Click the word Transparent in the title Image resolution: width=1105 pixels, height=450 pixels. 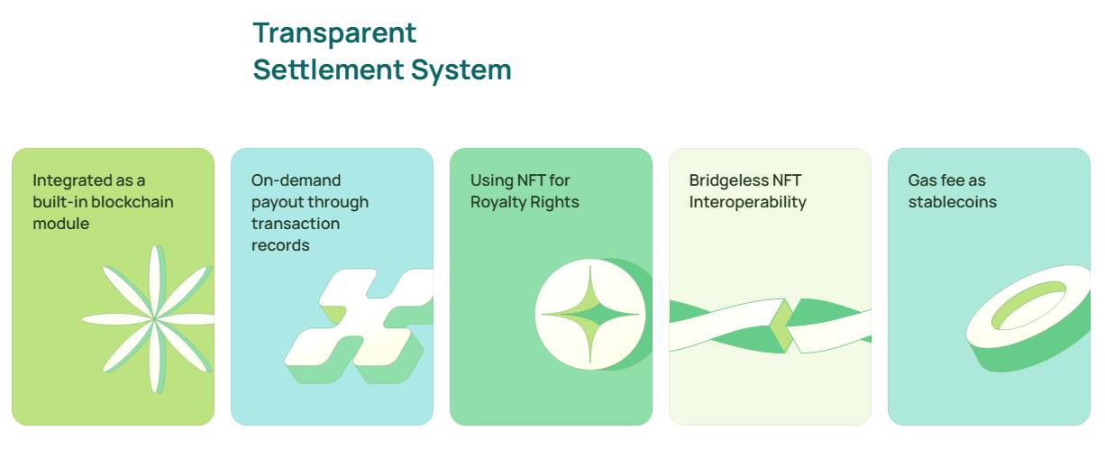pyautogui.click(x=334, y=33)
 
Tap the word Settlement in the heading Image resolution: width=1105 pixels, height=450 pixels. pyautogui.click(x=328, y=69)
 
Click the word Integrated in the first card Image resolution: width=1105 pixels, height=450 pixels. pyautogui.click(x=72, y=181)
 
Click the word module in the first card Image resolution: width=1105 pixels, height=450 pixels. pyautogui.click(x=61, y=224)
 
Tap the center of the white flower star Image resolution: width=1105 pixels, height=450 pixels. pyautogui.click(x=154, y=318)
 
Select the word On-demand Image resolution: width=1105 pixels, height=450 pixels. pyautogui.click(x=296, y=180)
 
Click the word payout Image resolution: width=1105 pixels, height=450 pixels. pyautogui.click(x=279, y=203)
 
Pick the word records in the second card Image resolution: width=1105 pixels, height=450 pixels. pyautogui.click(x=280, y=245)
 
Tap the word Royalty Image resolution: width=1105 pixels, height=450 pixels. pyautogui.click(x=498, y=203)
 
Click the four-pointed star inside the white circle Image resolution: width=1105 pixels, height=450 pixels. pyautogui.click(x=590, y=314)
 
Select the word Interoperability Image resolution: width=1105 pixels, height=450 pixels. pyautogui.click(x=748, y=203)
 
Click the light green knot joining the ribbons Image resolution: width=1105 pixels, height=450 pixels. pyautogui.click(x=781, y=326)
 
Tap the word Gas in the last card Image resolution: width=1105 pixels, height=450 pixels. pyautogui.click(x=922, y=180)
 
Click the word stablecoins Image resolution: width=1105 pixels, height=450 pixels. pyautogui.click(x=953, y=202)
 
